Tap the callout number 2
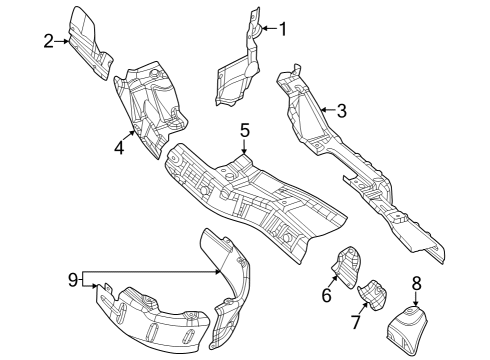tap(48, 41)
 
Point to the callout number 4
tap(119, 147)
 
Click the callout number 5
tap(243, 131)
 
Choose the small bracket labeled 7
tap(374, 296)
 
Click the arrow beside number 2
tap(63, 41)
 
